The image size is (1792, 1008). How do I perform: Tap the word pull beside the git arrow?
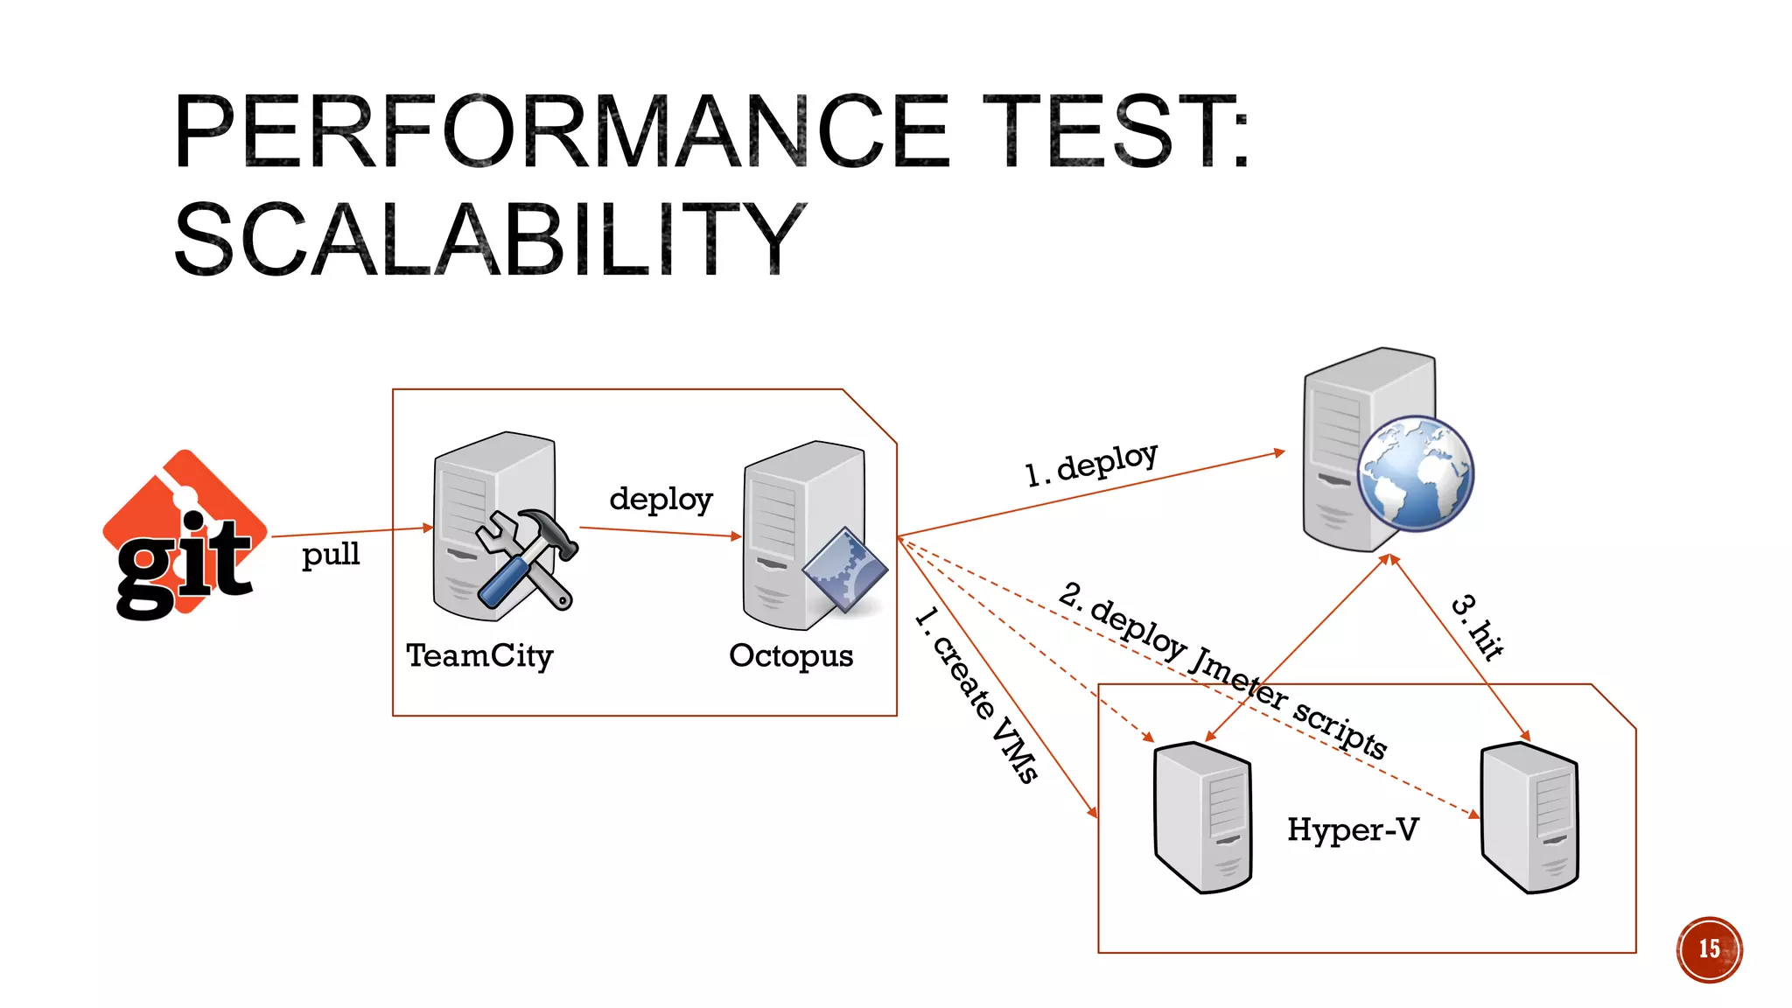click(x=331, y=555)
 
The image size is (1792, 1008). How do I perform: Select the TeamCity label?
click(x=479, y=655)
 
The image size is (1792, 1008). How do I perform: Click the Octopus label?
click(x=791, y=655)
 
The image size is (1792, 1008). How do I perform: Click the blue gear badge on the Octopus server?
click(x=844, y=570)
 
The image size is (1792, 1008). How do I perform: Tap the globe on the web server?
click(x=1415, y=473)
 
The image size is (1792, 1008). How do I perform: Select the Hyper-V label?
click(x=1353, y=829)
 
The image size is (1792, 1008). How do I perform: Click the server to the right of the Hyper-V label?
click(x=1529, y=817)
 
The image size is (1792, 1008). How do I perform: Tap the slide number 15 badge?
click(x=1709, y=949)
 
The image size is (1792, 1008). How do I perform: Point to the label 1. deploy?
click(x=1091, y=464)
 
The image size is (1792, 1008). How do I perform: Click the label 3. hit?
click(x=1478, y=626)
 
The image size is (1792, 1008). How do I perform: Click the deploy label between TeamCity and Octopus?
click(x=661, y=499)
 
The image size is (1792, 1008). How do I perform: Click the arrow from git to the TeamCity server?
click(x=350, y=532)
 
